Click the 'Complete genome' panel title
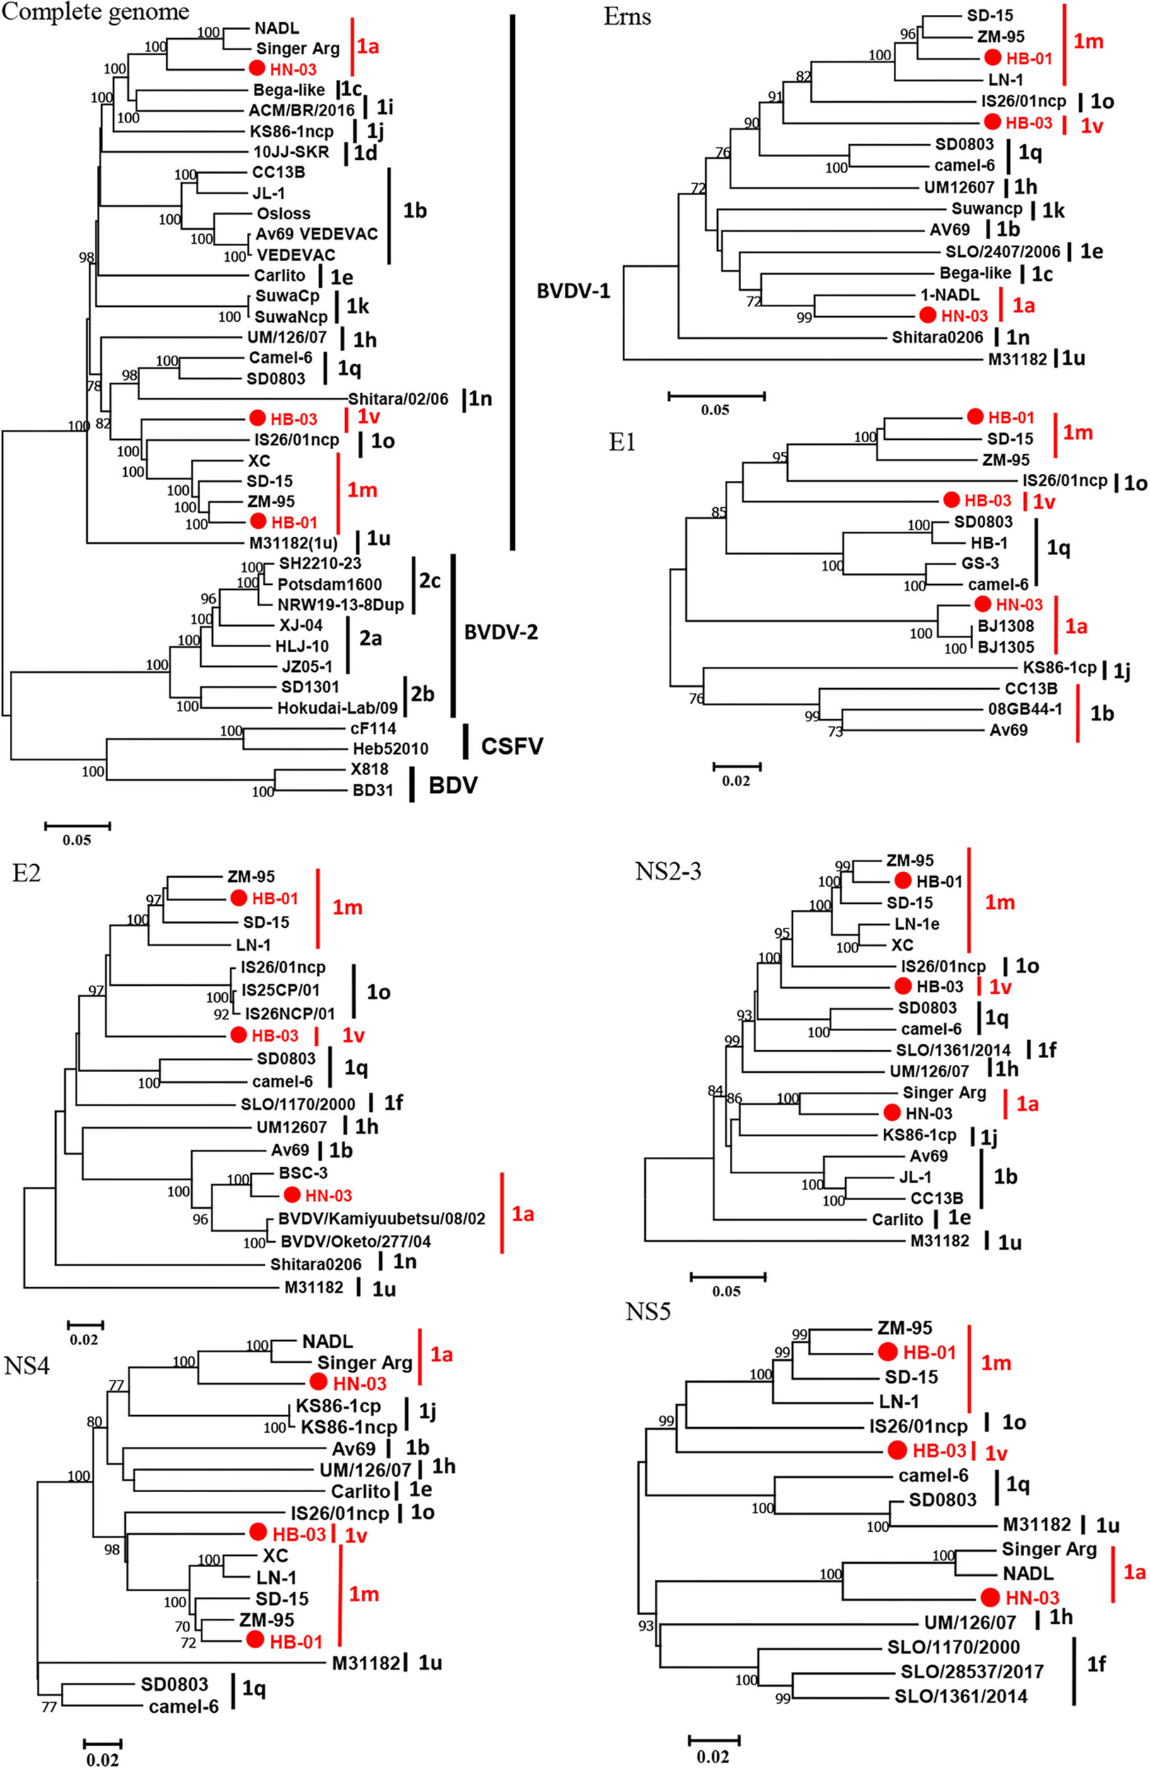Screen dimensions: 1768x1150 coord(94,12)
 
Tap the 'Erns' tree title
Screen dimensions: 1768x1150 coord(628,16)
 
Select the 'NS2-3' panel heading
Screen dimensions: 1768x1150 coord(668,871)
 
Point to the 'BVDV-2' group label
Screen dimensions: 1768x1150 coord(501,632)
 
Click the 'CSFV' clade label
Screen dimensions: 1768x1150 coord(512,745)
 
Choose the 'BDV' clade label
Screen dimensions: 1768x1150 coord(453,785)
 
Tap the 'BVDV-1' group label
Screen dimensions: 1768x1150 coord(574,291)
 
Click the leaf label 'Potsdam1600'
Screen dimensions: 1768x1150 coord(330,584)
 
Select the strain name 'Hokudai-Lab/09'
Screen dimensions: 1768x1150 coord(337,708)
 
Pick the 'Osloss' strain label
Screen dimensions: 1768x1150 coord(284,213)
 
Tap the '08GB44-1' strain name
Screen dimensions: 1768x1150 coord(1024,709)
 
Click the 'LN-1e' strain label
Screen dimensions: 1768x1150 coord(917,924)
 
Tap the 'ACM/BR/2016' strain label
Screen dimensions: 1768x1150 coord(301,111)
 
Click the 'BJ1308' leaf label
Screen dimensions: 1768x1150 coord(1005,625)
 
